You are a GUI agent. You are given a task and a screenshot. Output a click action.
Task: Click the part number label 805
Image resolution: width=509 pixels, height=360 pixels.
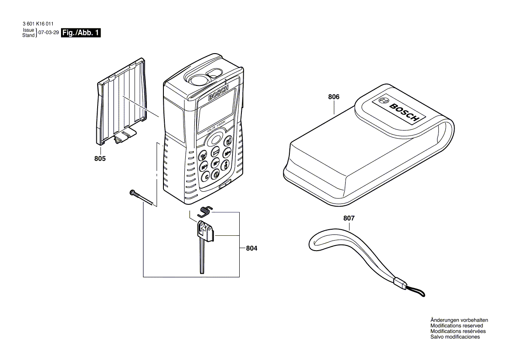click(x=100, y=159)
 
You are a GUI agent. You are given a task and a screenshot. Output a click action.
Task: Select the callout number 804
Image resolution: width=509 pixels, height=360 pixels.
click(x=251, y=248)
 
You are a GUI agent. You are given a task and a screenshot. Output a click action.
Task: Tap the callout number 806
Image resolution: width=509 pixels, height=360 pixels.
click(x=334, y=97)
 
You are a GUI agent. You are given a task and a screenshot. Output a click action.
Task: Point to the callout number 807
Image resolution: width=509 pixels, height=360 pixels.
click(x=349, y=218)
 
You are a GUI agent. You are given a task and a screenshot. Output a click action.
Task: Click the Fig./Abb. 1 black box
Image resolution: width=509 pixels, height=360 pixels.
click(x=81, y=33)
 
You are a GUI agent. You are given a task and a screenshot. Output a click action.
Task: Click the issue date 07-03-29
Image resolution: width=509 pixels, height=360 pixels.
click(x=49, y=33)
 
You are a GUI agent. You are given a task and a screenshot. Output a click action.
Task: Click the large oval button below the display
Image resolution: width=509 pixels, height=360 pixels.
click(x=214, y=139)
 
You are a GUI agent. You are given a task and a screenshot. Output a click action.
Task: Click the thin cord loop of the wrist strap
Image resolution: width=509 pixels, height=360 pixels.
click(x=414, y=292)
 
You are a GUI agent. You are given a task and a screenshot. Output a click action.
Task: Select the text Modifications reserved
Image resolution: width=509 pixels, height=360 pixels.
click(x=456, y=326)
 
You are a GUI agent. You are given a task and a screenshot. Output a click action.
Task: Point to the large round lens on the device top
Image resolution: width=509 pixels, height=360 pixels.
click(x=199, y=79)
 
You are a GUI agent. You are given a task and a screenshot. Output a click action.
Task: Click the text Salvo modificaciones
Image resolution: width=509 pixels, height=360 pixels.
click(x=455, y=337)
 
